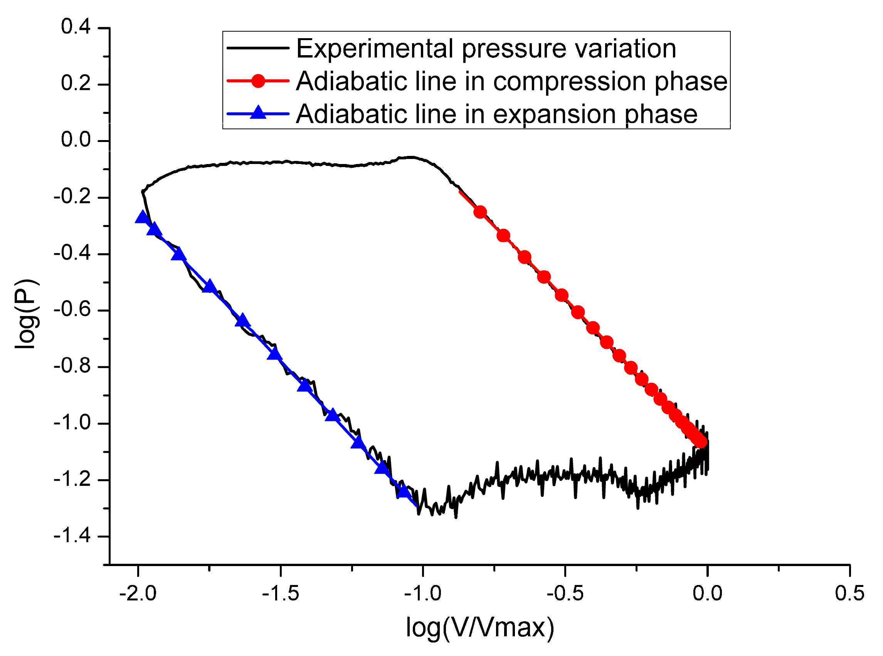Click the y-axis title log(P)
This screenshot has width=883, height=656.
[27, 314]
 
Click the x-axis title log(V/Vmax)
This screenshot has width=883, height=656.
[480, 628]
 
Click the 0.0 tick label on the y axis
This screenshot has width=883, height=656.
[76, 140]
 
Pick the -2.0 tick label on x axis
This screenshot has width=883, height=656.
[138, 593]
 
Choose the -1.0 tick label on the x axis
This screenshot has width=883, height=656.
[422, 593]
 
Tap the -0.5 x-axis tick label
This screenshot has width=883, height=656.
[565, 593]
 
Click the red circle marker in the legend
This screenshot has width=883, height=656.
[258, 81]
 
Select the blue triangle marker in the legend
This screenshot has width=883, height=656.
[258, 113]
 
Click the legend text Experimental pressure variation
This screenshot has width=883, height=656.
[486, 49]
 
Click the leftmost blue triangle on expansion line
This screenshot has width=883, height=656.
[142, 217]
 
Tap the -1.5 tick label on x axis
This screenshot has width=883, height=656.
[280, 593]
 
